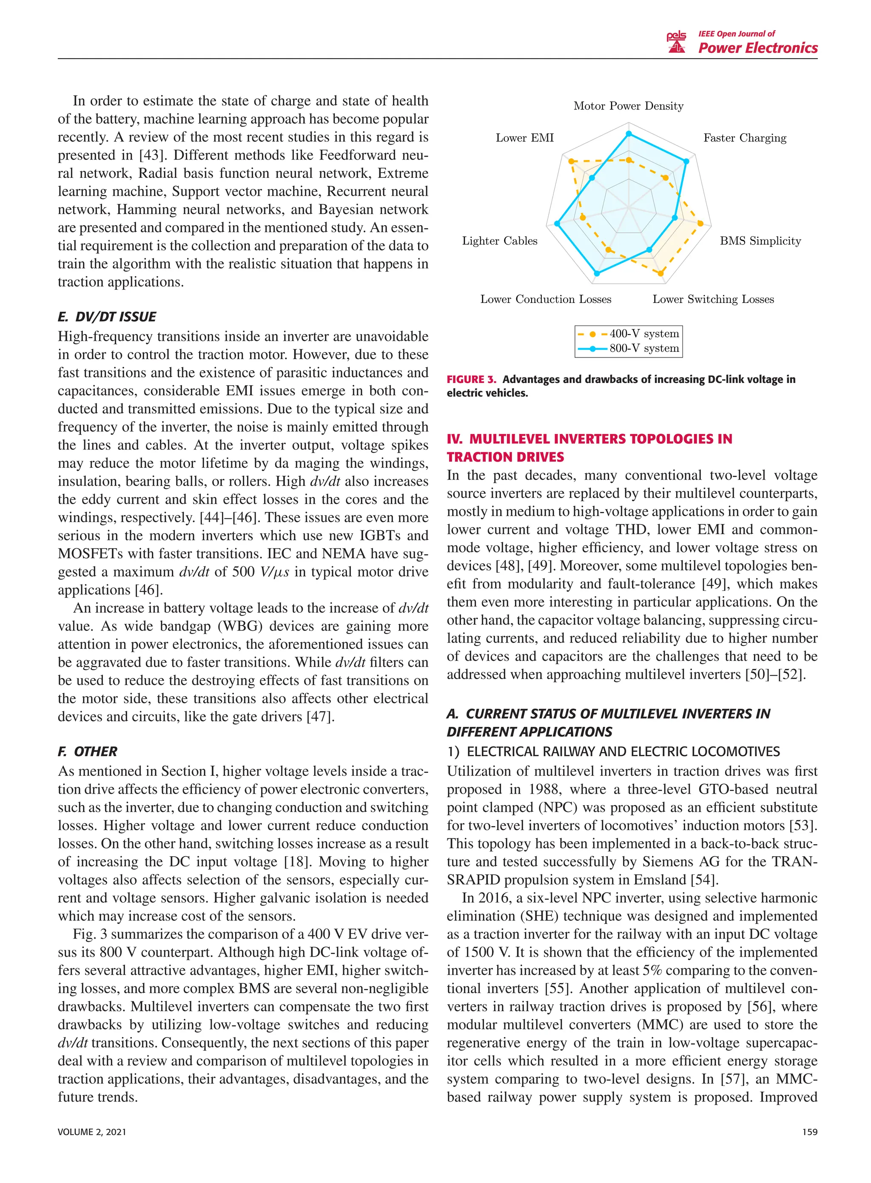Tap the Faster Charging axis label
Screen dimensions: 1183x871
point(744,138)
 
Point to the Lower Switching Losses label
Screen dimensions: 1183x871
point(713,300)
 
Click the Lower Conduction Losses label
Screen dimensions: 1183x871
point(545,300)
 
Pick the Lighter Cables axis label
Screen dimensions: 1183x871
point(499,241)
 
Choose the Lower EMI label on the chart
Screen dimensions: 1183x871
point(525,138)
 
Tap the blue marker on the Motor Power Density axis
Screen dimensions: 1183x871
point(628,134)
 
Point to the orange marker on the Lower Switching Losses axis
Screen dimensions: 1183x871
point(660,273)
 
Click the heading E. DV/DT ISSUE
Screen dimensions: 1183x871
point(107,317)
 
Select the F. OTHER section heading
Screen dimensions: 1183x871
point(88,752)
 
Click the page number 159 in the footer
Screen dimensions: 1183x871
point(809,1132)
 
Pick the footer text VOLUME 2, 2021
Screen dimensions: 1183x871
point(92,1132)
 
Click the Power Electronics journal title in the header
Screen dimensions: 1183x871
point(757,49)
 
